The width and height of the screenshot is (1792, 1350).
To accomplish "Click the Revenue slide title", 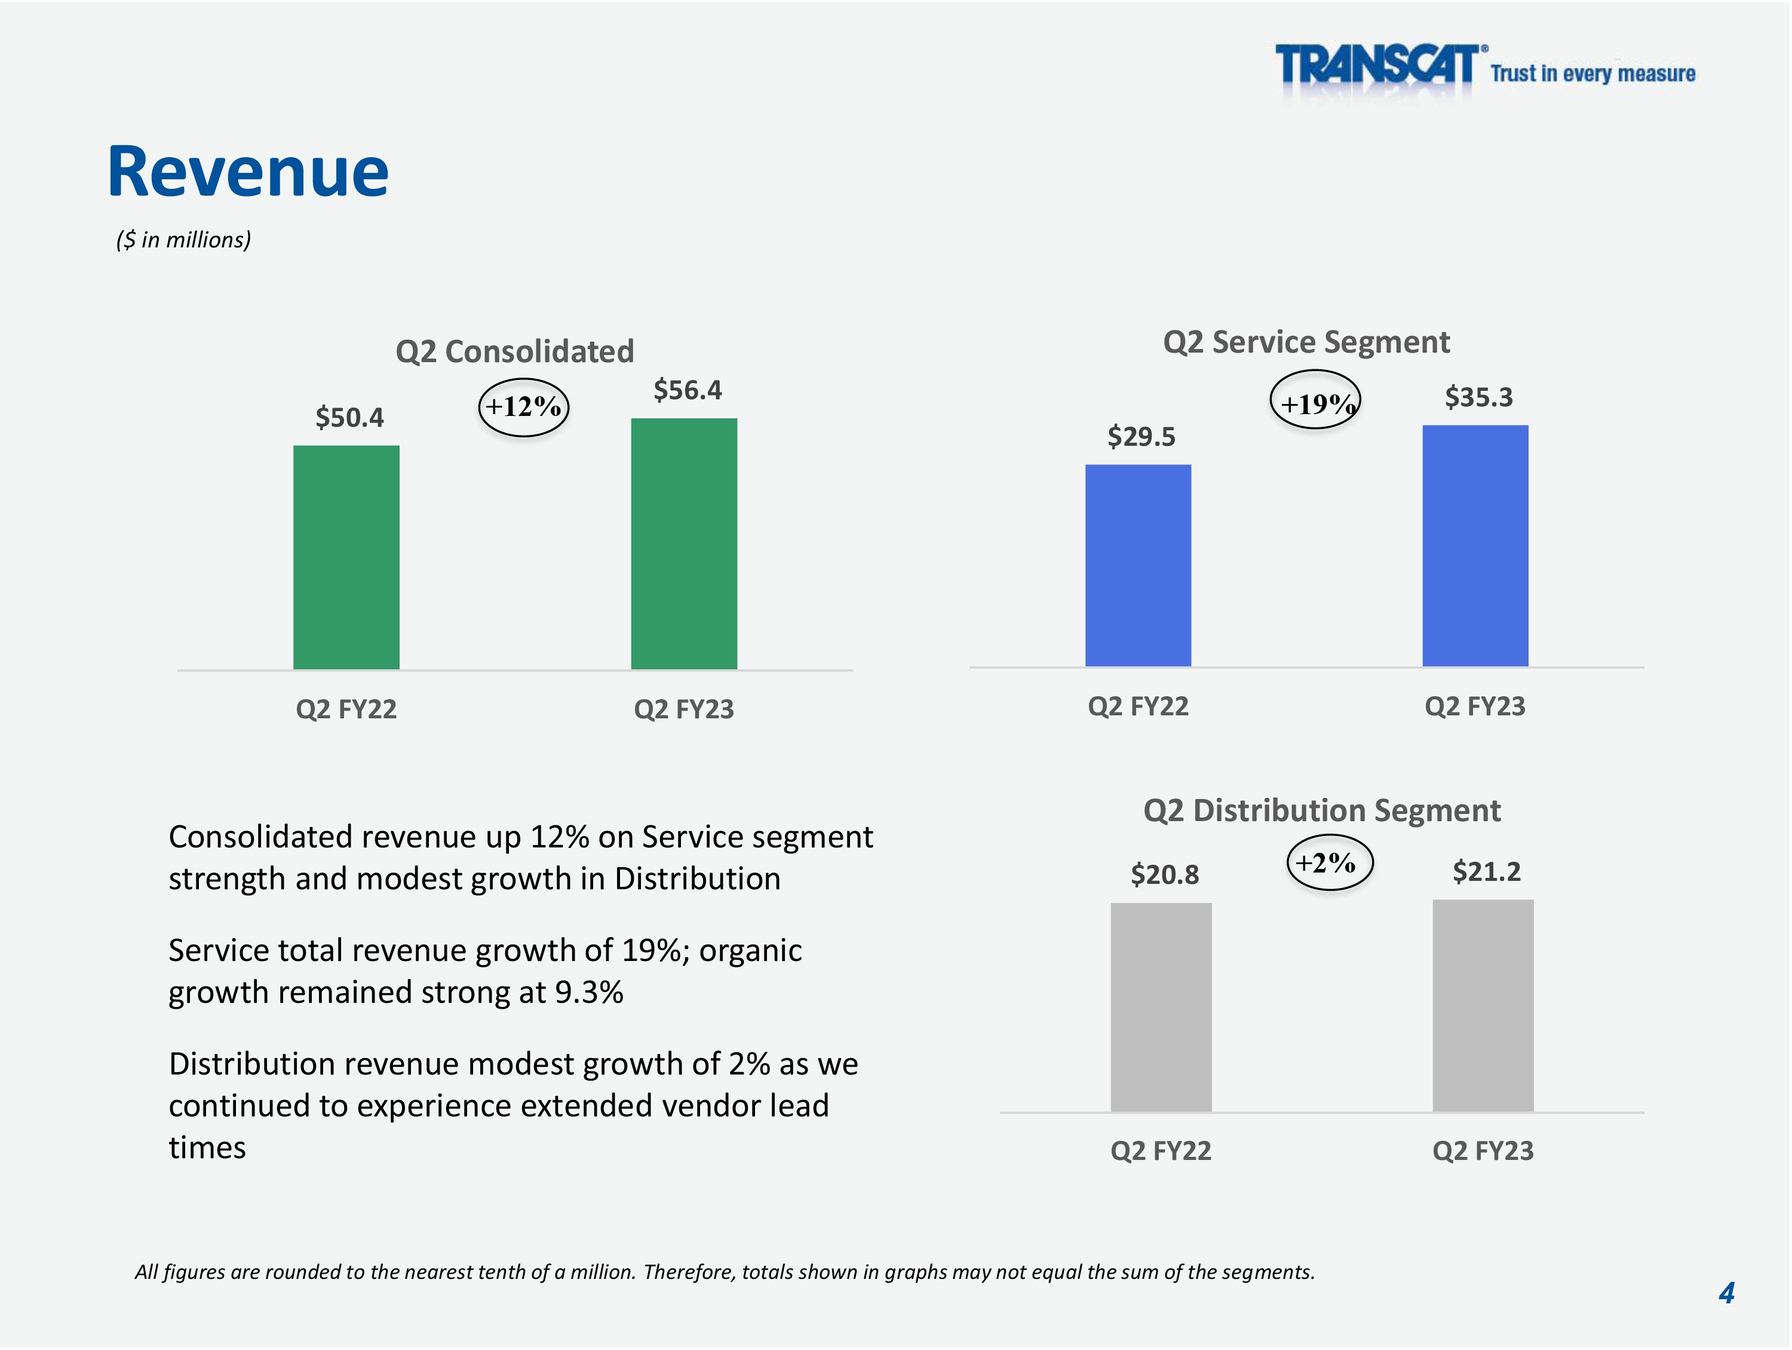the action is tap(248, 171).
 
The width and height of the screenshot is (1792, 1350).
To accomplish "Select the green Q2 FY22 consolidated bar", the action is tap(346, 558).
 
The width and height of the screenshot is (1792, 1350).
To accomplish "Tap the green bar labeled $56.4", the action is tap(684, 544).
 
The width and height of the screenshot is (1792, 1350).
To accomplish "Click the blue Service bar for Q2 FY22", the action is tap(1139, 565).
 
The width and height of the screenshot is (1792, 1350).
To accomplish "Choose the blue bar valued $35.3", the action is tap(1475, 546).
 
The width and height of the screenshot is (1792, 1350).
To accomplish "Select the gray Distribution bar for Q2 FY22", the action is tap(1161, 1007).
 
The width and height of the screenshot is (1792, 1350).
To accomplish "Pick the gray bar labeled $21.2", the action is tap(1483, 1006).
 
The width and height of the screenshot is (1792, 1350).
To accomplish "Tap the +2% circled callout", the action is tap(1330, 864).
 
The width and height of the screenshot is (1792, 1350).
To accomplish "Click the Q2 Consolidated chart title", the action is tap(514, 351).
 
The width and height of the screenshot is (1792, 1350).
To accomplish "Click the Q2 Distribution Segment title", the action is tap(1321, 811).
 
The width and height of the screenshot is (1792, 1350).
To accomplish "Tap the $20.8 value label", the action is tap(1165, 875).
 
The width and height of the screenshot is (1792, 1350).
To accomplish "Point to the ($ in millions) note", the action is tap(184, 240).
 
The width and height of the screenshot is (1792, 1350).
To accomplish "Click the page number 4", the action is tap(1726, 1293).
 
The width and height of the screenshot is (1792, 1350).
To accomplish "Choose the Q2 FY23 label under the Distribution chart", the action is tap(1483, 1150).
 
